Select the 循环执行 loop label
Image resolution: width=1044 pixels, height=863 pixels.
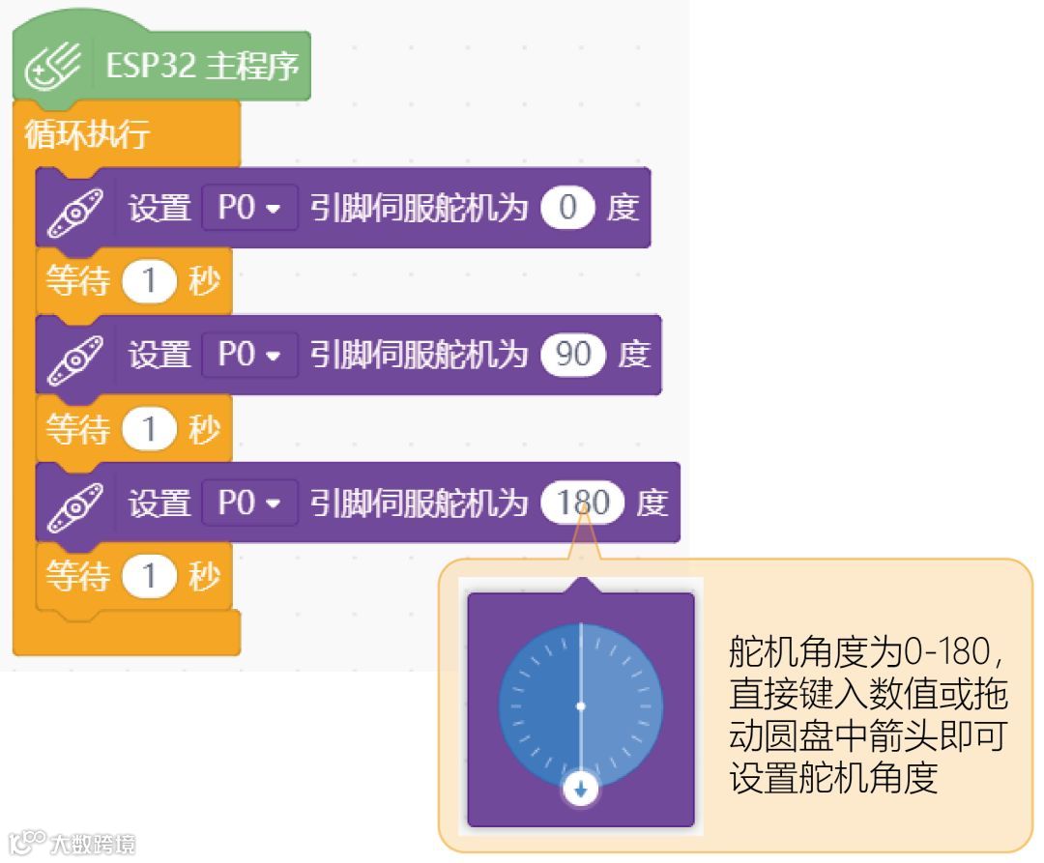pos(86,135)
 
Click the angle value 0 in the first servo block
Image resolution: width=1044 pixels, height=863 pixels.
pos(567,208)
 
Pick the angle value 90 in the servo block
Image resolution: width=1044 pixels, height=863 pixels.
pos(573,355)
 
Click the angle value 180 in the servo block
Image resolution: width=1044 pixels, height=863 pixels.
pos(583,503)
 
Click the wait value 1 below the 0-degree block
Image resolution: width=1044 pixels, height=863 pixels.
pos(149,282)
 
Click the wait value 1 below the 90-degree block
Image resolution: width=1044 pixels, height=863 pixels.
pos(149,429)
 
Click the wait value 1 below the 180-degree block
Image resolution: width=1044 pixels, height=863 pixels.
pos(149,577)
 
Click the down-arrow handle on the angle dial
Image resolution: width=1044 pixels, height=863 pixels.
pos(580,790)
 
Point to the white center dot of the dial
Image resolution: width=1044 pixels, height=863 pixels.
pos(580,706)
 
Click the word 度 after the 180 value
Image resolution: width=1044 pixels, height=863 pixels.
pos(652,503)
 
